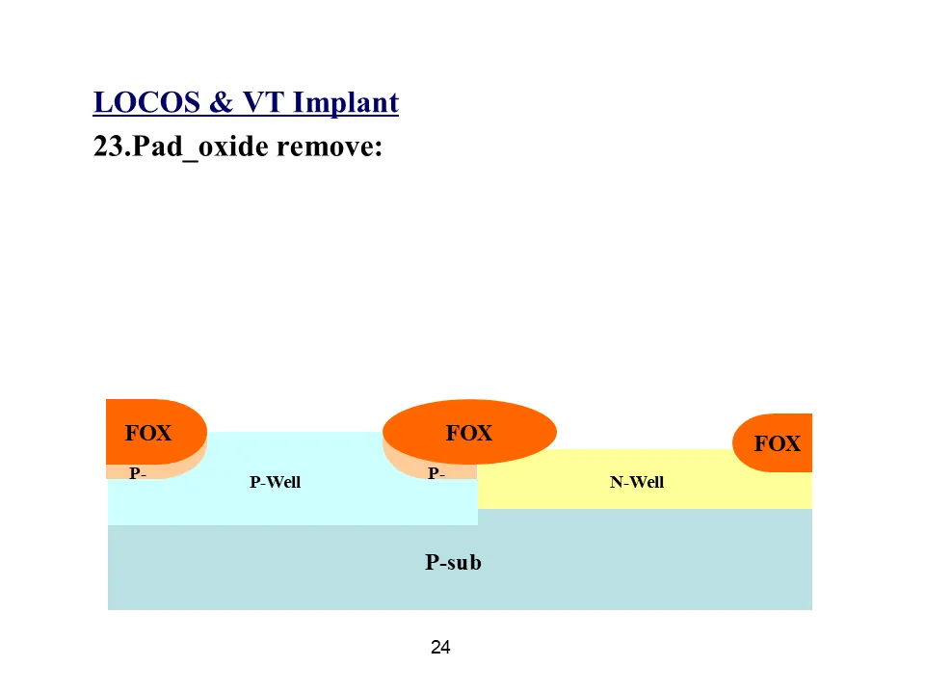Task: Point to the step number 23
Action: point(108,147)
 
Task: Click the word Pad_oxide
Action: point(198,148)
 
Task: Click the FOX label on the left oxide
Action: point(148,434)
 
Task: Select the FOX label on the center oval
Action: point(468,434)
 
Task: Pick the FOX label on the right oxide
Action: point(777,444)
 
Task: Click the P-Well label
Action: point(275,482)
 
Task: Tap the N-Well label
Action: point(636,482)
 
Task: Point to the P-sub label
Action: point(453,562)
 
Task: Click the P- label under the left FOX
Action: point(138,473)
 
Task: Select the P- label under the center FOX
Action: point(436,473)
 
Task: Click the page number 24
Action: point(440,648)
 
